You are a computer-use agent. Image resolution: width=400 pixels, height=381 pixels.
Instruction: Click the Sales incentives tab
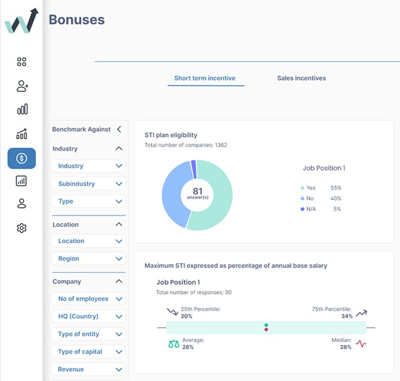pos(301,78)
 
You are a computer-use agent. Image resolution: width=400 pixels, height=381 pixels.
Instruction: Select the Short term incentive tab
pos(205,78)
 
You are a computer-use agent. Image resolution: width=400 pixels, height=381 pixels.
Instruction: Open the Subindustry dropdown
pos(88,184)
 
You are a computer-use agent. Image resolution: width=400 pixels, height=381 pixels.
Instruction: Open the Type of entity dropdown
pos(88,334)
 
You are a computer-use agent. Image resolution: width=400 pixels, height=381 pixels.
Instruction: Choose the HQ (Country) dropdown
pos(88,316)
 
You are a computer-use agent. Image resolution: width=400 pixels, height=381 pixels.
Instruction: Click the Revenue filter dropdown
pos(88,369)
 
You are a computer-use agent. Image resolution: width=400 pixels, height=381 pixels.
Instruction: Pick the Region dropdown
pos(88,259)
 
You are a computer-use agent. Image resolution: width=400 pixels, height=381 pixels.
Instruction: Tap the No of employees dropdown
pos(88,299)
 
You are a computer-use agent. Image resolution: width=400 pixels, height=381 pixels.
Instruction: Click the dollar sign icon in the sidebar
pos(22,158)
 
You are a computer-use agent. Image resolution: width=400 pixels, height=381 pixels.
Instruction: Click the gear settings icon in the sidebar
pos(22,228)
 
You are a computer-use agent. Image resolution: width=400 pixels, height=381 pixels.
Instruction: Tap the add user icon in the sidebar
pos(22,86)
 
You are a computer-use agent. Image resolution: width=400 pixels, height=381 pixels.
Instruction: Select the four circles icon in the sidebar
pos(22,62)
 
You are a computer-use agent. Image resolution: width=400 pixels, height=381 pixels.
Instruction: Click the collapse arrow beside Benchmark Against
pos(119,129)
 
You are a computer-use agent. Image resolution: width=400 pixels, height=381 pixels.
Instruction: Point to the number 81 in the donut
pos(197,191)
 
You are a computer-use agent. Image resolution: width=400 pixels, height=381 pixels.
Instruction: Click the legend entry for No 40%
pos(321,198)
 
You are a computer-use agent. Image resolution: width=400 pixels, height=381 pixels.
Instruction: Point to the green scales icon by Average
pos(173,344)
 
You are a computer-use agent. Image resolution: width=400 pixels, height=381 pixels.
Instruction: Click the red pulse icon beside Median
pos(360,343)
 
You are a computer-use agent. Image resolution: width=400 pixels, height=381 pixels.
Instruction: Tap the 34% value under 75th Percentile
pos(347,316)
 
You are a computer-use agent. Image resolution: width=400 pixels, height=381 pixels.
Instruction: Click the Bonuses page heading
pos(77,19)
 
